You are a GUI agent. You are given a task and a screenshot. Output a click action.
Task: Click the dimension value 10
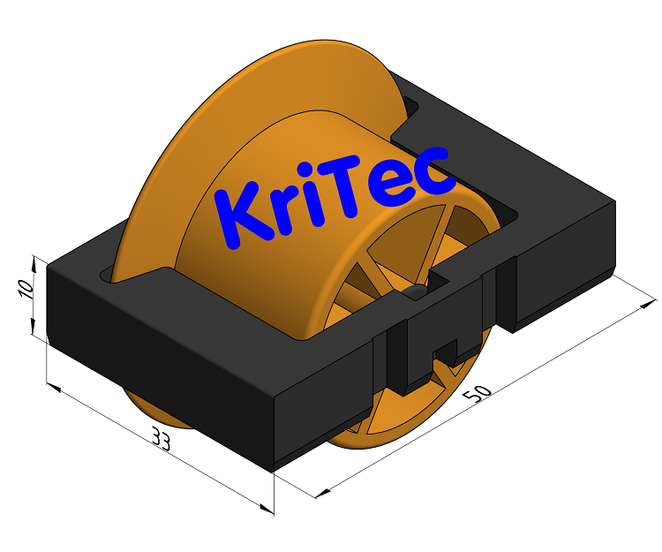click(x=26, y=288)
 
